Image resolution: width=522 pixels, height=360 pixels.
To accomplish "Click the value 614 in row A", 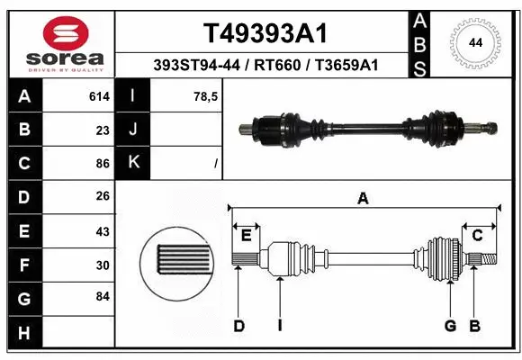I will (x=99, y=96).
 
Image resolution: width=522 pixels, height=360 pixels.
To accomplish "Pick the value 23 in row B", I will (x=102, y=130).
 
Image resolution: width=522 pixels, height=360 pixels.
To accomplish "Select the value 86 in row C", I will (x=102, y=164).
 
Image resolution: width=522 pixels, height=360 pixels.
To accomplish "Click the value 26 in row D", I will (x=102, y=197).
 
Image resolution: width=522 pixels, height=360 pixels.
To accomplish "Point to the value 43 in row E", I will (x=102, y=231).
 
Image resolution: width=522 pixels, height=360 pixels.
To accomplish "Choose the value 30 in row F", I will (x=102, y=265).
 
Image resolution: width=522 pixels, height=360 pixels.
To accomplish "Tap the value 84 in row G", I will (x=102, y=296).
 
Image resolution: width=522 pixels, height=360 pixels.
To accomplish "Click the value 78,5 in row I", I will (x=206, y=96).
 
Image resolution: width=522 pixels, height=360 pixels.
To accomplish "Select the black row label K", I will (x=133, y=163).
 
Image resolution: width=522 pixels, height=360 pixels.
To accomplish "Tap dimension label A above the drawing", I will (x=363, y=199).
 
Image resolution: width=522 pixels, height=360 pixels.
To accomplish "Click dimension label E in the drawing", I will (x=245, y=235).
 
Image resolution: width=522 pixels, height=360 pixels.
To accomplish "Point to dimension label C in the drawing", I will (x=478, y=235).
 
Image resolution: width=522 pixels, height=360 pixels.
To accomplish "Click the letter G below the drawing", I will (x=449, y=326).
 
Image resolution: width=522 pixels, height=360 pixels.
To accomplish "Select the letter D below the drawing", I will (x=238, y=326).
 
